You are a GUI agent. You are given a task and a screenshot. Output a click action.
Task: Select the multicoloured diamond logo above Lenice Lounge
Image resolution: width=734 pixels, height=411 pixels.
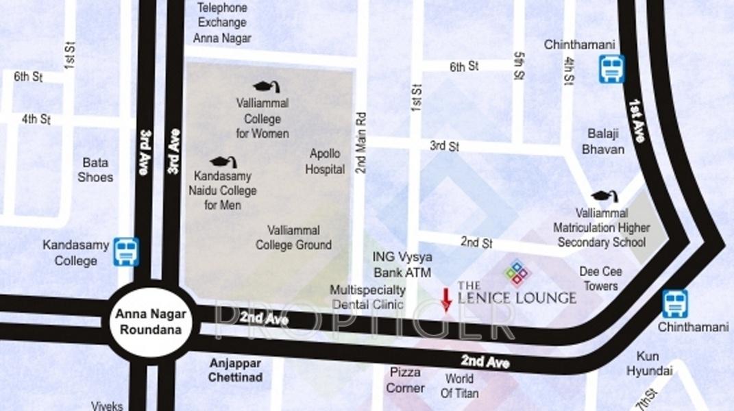[x=517, y=272]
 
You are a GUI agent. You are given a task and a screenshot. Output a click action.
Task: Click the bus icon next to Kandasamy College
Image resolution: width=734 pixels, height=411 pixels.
[x=126, y=251]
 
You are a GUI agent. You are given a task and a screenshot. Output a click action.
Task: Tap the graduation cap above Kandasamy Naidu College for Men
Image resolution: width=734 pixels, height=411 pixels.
[x=223, y=162]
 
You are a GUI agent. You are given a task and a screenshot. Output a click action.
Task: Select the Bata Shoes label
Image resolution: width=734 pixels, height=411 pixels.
[x=95, y=170]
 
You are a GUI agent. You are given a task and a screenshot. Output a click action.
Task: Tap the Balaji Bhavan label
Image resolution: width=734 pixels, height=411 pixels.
[x=603, y=141]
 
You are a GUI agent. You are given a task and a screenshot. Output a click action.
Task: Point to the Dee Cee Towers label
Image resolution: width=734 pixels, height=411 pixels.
[x=600, y=279]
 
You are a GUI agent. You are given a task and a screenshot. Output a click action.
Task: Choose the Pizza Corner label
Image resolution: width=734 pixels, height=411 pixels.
[x=405, y=380]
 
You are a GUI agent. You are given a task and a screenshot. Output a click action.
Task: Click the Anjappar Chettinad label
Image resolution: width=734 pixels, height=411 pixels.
[x=235, y=370]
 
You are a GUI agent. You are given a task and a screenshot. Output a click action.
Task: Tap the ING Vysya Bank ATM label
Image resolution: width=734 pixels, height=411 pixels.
[x=402, y=264]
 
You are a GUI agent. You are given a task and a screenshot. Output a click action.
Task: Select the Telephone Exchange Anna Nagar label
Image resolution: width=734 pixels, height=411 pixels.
[x=222, y=23]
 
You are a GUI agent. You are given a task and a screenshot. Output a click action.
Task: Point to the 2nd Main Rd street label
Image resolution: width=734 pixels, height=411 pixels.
[x=361, y=142]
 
